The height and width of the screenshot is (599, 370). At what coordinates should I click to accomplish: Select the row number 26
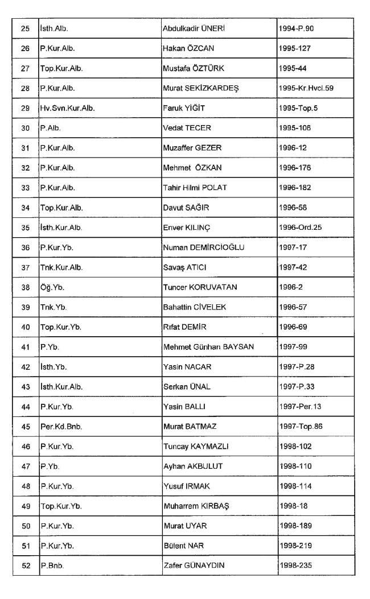click(x=25, y=48)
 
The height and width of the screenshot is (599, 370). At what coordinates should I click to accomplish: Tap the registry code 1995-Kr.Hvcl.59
click(x=306, y=88)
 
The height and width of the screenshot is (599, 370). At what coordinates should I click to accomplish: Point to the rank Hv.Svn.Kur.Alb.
click(x=67, y=108)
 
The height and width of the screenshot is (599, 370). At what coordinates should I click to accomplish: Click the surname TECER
click(x=198, y=128)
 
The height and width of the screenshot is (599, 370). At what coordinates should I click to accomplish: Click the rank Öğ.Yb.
click(x=52, y=287)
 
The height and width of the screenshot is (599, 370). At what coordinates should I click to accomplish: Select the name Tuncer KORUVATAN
click(x=200, y=287)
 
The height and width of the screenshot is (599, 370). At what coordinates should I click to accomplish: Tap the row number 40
click(x=25, y=327)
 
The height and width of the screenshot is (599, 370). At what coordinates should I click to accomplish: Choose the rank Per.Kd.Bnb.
click(x=61, y=427)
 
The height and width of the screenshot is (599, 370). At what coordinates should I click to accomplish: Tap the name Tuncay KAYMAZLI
click(x=196, y=447)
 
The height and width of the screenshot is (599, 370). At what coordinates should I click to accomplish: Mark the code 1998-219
click(x=295, y=546)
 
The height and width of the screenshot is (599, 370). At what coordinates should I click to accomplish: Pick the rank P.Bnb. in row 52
click(x=52, y=566)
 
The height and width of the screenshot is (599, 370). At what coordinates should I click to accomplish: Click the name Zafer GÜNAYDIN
click(x=197, y=566)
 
